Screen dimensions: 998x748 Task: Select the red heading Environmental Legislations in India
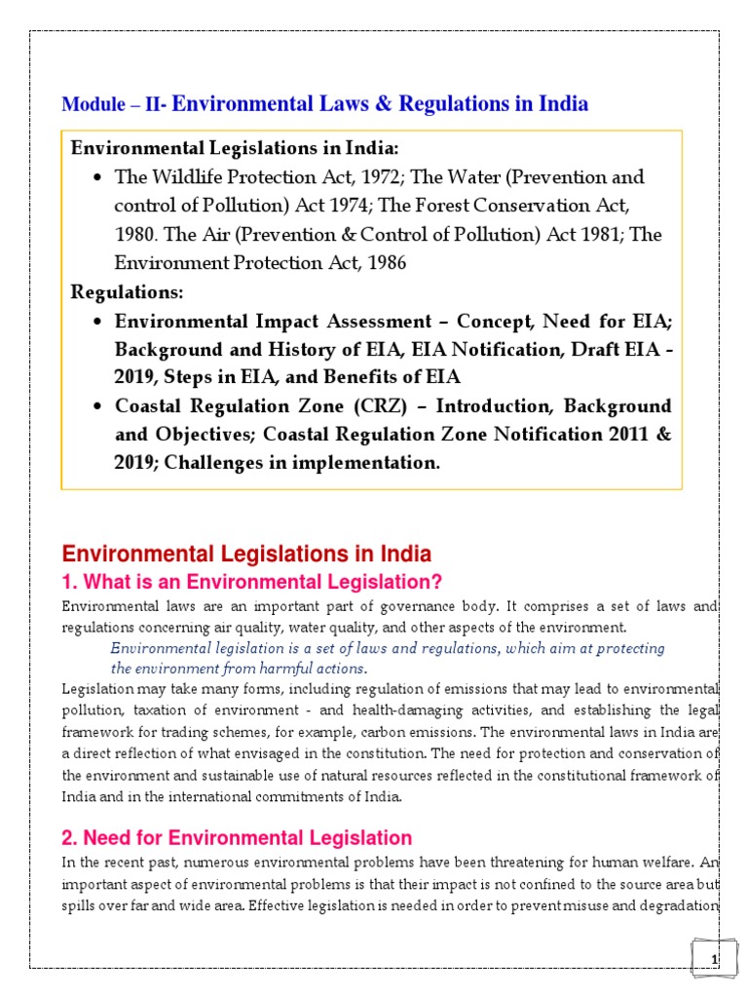(246, 555)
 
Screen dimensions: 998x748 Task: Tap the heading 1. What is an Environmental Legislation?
(252, 583)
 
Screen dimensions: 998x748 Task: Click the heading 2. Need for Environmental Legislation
(237, 838)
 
